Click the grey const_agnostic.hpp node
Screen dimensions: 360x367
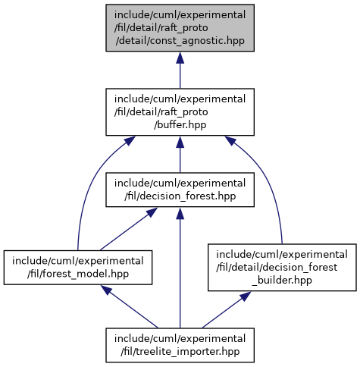[180, 28]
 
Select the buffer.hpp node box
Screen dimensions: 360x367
[180, 112]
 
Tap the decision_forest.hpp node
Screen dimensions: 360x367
[180, 190]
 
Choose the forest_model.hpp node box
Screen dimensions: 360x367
[78, 268]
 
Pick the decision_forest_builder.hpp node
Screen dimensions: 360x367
[282, 268]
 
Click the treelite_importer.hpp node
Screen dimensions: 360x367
[180, 345]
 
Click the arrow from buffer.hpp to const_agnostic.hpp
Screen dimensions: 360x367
[180, 70]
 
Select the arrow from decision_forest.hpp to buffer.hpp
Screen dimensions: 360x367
[180, 154]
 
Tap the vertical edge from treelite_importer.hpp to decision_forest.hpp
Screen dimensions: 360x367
[180, 268]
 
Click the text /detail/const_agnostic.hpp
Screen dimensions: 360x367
[180, 41]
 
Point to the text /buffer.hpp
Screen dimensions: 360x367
[180, 125]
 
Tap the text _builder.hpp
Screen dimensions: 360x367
[282, 281]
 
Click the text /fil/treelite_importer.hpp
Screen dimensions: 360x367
[180, 352]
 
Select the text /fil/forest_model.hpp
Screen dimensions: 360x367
[78, 274]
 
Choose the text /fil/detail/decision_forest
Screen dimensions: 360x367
[277, 268]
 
